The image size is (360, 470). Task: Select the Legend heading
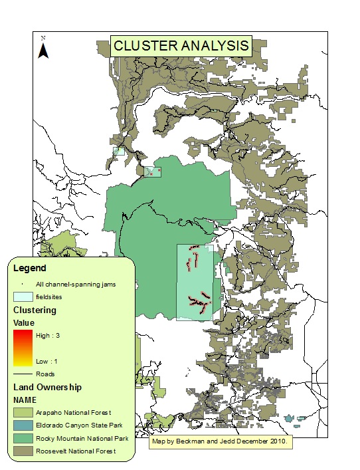point(29,269)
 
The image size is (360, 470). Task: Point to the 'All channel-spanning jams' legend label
point(76,284)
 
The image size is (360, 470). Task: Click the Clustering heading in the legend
point(35,309)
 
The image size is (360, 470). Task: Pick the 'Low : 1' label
point(48,361)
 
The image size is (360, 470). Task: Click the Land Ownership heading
point(46,386)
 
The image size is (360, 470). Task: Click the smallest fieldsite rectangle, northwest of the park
point(119,152)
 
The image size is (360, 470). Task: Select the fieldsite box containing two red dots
point(153,172)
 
